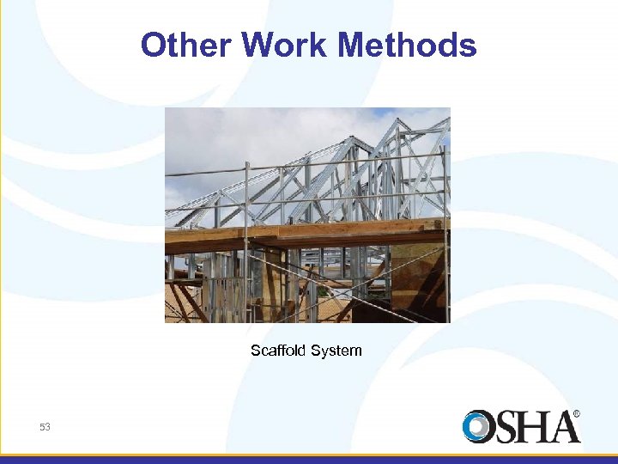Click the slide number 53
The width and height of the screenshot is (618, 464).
[x=45, y=427]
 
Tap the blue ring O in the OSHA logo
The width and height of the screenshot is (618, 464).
[x=478, y=427]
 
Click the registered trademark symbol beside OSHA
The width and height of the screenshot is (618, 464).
[x=576, y=414]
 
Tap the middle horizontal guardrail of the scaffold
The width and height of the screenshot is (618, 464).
[x=300, y=200]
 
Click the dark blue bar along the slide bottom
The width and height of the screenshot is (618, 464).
[x=309, y=460]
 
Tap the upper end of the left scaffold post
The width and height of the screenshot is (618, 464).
[x=246, y=165]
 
